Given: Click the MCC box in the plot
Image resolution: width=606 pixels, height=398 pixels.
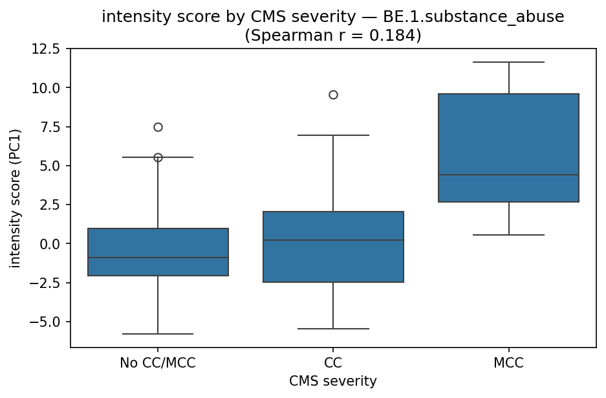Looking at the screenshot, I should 508,148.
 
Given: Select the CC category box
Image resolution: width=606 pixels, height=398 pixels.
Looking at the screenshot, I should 333,247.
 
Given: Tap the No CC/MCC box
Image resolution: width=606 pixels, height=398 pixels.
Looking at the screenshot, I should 158,252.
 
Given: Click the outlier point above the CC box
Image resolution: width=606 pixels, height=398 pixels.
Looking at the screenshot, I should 333,94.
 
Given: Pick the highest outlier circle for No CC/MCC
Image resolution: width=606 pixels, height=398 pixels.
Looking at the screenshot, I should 158,127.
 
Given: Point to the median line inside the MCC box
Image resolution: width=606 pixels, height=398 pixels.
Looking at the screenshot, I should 508,175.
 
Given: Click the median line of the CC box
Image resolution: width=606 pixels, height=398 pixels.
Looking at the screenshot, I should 333,240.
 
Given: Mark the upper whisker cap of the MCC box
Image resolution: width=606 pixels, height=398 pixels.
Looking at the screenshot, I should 508,62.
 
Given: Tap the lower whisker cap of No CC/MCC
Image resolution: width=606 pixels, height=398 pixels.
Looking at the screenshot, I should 158,334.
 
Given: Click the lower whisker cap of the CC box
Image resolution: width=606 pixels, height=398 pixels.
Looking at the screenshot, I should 333,329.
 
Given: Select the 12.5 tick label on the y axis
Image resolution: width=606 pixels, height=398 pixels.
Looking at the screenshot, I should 46,49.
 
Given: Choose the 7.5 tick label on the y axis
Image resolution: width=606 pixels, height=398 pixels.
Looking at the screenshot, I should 49,127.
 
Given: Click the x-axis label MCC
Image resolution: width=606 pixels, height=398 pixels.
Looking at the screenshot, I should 508,363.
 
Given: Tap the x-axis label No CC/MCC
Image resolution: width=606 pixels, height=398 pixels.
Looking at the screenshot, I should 158,363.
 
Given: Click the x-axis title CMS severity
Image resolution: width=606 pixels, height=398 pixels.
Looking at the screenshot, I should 333,381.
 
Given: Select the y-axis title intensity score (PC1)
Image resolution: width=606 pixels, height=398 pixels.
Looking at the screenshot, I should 15,198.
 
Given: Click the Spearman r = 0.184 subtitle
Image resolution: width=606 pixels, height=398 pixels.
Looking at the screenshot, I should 333,35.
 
